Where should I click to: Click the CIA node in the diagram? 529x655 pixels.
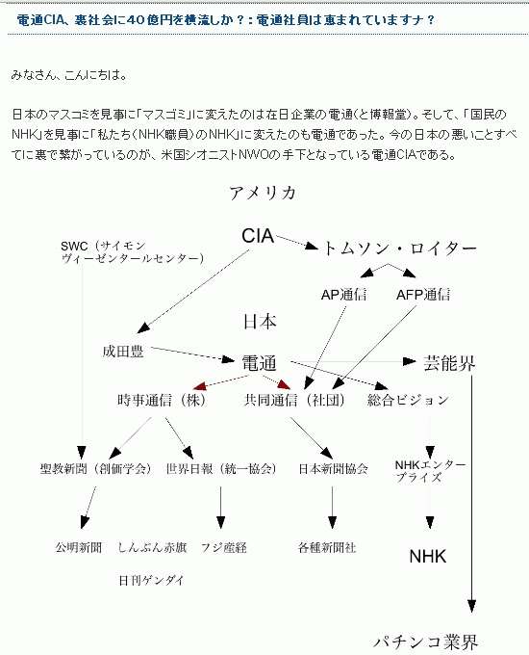pos(258,236)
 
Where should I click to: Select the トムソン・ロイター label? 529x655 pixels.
pos(399,249)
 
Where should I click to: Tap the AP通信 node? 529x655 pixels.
pos(343,295)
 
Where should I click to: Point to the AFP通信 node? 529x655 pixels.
pos(423,295)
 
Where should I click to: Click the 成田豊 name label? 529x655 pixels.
pos(123,352)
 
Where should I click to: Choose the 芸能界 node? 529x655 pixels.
pos(449,363)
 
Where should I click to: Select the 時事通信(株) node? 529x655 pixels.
pos(162,400)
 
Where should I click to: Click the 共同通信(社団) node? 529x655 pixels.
pos(294,400)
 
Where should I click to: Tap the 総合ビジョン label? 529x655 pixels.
pos(408,400)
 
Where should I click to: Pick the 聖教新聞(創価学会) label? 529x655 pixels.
pos(95,469)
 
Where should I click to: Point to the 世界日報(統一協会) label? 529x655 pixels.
pos(221,469)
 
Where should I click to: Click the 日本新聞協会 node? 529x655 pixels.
pos(334,469)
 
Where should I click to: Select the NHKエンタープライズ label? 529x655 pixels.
pos(430,471)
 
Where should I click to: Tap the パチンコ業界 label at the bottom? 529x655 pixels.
pos(425,642)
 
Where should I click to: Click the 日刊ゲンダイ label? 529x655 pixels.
pos(151,580)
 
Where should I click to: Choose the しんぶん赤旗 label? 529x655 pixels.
pos(152,547)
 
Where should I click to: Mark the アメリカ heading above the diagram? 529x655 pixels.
pos(264,193)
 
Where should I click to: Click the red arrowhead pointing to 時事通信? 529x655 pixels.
pos(199,385)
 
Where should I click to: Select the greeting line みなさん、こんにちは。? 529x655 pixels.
pos(69,75)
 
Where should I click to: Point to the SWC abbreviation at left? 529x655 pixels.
pos(74,246)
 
